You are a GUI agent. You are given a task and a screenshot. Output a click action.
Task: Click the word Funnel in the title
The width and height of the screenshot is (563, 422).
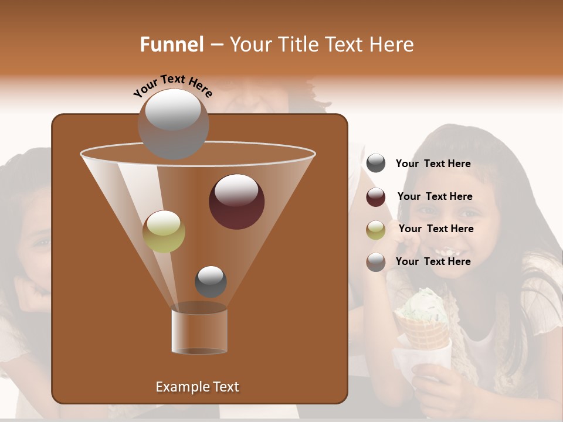pos(171,45)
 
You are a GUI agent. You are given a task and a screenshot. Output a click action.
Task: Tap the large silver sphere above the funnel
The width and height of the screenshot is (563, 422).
pos(173,124)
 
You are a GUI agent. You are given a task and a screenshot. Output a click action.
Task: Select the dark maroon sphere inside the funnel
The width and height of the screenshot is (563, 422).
pos(236,201)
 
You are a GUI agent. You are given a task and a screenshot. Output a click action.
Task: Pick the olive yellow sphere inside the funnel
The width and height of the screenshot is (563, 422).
pos(164,232)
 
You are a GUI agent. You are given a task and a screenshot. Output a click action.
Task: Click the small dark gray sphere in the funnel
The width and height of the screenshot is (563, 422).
pos(211,281)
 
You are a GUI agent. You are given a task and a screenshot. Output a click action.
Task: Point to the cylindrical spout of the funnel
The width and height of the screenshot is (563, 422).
pos(199,331)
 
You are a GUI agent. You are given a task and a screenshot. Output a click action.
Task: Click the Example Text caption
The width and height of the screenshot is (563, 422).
pos(197,387)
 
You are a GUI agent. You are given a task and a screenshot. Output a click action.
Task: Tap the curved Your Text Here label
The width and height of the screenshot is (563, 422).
pos(172,86)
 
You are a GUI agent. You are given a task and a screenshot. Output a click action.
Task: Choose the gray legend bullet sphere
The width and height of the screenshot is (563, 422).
pos(376,164)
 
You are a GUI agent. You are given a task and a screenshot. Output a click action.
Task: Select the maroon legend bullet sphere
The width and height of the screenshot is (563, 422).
pos(376,197)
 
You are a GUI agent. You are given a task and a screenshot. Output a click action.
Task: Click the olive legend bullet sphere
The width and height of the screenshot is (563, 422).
pos(376,229)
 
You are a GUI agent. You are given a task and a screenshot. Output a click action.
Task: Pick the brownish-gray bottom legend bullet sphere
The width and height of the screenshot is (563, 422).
pos(376,262)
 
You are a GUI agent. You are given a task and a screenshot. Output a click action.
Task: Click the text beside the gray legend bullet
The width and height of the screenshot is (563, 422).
pos(433,164)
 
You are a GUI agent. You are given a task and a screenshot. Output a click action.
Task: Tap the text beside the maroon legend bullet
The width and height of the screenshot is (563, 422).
pos(435,196)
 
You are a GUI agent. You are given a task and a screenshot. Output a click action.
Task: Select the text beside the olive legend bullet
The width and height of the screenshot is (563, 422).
pos(436,229)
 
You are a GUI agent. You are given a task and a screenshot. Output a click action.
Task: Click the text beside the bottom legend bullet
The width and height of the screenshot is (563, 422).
pos(433,261)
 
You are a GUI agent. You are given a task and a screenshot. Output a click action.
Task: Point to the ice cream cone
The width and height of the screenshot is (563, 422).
pos(423,334)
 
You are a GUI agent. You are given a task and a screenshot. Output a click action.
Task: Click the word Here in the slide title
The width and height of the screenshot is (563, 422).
pos(391,45)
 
